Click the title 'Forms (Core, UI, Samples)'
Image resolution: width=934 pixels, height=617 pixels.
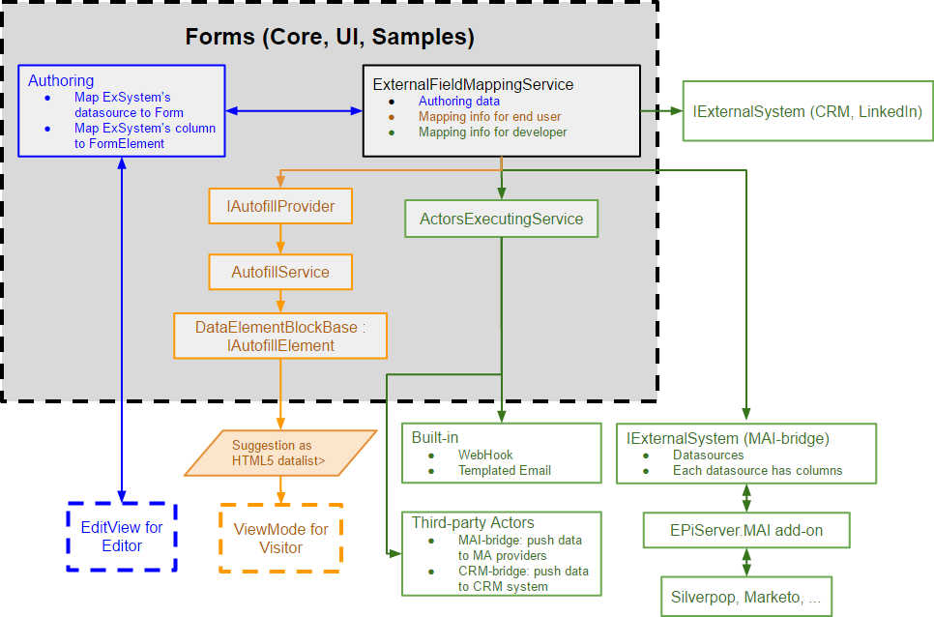pyautogui.click(x=330, y=38)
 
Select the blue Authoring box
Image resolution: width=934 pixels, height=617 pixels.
pyautogui.click(x=122, y=110)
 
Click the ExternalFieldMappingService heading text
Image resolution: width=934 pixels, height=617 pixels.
pyautogui.click(x=473, y=85)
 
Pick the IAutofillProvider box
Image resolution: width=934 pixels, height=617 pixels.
pyautogui.click(x=279, y=206)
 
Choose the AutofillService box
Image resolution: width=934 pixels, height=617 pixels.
pyautogui.click(x=279, y=272)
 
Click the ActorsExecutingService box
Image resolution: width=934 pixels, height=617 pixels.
pyautogui.click(x=501, y=219)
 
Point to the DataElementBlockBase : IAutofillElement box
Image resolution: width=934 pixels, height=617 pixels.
pyautogui.click(x=279, y=336)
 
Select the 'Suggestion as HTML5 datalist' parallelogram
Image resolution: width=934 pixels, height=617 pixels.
pyautogui.click(x=278, y=453)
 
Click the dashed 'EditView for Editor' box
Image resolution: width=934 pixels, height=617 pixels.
pyautogui.click(x=122, y=537)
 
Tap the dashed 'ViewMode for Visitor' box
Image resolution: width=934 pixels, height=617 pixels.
pyautogui.click(x=280, y=538)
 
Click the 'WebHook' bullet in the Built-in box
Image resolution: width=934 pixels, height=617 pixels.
pyautogui.click(x=485, y=455)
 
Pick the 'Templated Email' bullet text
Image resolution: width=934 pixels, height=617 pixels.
pyautogui.click(x=505, y=470)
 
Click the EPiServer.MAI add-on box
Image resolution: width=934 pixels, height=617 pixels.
pyautogui.click(x=745, y=530)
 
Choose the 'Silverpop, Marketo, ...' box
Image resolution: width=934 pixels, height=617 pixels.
pyautogui.click(x=745, y=596)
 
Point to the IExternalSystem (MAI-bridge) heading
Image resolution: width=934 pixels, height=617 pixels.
pyautogui.click(x=727, y=438)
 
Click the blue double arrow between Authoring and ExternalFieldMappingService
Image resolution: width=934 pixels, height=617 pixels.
pyautogui.click(x=294, y=111)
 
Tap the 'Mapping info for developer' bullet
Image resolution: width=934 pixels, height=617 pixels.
pyautogui.click(x=492, y=132)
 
